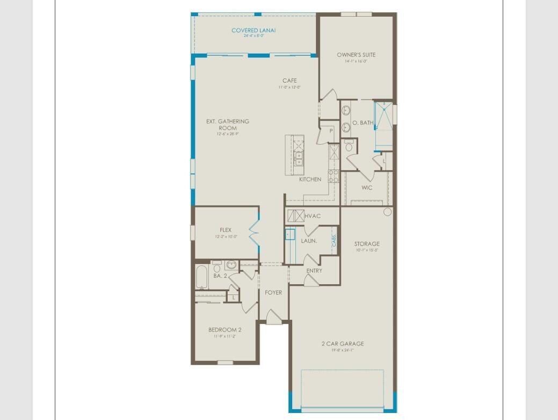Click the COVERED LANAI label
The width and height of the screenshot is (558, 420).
[x=253, y=31]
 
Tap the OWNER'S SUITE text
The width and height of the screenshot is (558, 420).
[x=356, y=55]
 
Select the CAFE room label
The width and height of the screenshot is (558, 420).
[x=289, y=81]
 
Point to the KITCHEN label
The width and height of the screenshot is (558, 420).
[x=310, y=179]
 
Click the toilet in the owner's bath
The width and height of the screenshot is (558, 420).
[x=349, y=145]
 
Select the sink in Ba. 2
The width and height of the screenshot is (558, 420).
[x=231, y=264]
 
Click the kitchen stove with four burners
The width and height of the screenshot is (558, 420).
[x=334, y=176]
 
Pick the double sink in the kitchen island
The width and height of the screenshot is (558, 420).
[x=299, y=158]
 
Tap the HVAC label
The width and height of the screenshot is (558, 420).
[x=312, y=216]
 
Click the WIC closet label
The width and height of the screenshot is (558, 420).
[x=367, y=188]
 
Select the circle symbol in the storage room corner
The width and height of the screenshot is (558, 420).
[x=387, y=212]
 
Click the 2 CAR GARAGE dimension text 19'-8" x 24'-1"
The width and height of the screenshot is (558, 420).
[x=343, y=350]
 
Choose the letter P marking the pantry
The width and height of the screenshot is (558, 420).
[x=331, y=131]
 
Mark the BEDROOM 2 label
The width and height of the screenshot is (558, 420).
[x=225, y=330]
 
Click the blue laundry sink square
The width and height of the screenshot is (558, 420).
[x=290, y=234]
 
